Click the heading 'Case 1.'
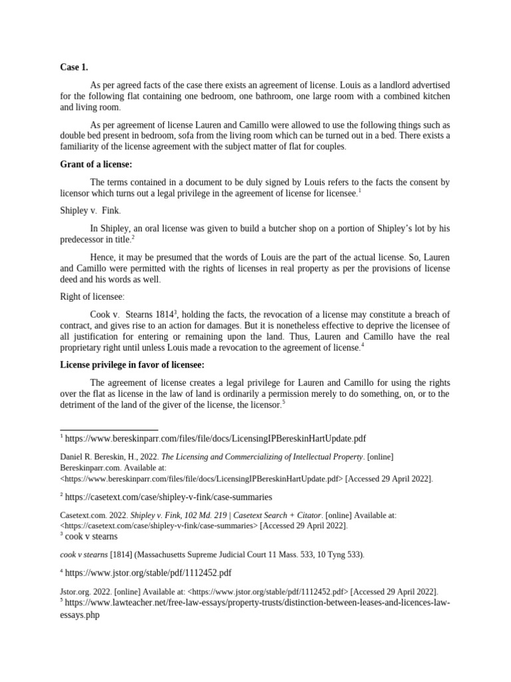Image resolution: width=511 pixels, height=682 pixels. pos(74,67)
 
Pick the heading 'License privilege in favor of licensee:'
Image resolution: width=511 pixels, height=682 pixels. pos(132,364)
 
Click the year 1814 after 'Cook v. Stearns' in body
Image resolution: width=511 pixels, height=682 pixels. pos(163,314)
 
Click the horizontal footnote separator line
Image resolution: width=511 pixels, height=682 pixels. pos(109,430)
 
